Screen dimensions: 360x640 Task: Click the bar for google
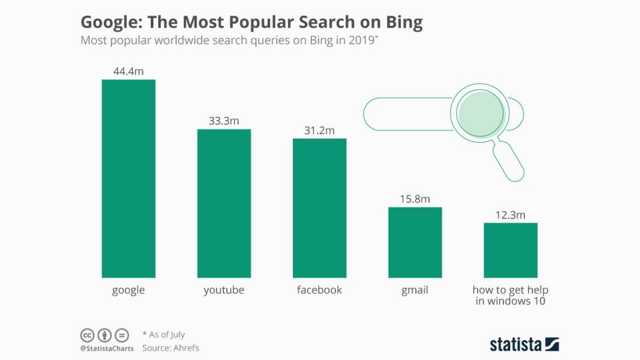pyautogui.click(x=128, y=178)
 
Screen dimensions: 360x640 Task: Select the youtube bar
pyautogui.click(x=224, y=203)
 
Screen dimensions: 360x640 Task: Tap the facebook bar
pyautogui.click(x=319, y=208)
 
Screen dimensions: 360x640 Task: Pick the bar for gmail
pyautogui.click(x=415, y=242)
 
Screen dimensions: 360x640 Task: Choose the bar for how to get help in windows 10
pyautogui.click(x=510, y=250)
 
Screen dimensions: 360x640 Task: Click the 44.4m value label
pyautogui.click(x=128, y=71)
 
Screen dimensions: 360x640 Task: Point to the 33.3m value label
pyautogui.click(x=224, y=121)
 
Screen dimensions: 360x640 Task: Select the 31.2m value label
pyautogui.click(x=319, y=130)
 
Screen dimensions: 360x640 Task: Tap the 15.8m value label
pyautogui.click(x=415, y=199)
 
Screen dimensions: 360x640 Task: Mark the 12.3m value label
pyautogui.click(x=510, y=215)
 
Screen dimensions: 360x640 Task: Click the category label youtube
pyautogui.click(x=224, y=290)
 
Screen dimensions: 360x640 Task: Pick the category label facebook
pyautogui.click(x=319, y=290)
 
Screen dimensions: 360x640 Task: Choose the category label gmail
pyautogui.click(x=415, y=290)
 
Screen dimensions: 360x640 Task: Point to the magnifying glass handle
pyautogui.click(x=510, y=161)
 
